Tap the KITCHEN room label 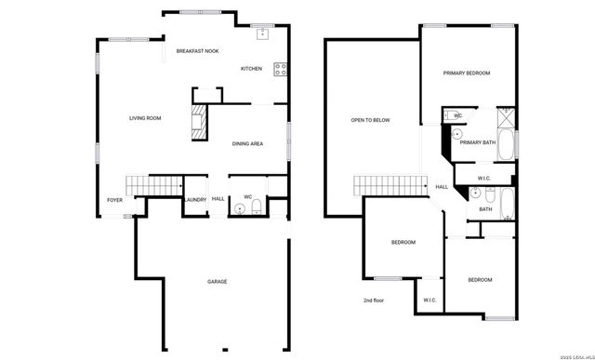point(252,69)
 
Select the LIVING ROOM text point(145,118)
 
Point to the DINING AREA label point(248,143)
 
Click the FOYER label point(114,199)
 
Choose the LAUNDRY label point(195,199)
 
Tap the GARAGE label point(218,281)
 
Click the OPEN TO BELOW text point(370,120)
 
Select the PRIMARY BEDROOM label point(466,73)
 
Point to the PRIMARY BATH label point(477,142)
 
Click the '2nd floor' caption point(375,300)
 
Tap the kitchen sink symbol point(263,34)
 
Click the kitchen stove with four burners point(279,68)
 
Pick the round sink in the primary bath point(457,134)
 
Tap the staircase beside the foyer point(154,185)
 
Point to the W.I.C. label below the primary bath point(484,178)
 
